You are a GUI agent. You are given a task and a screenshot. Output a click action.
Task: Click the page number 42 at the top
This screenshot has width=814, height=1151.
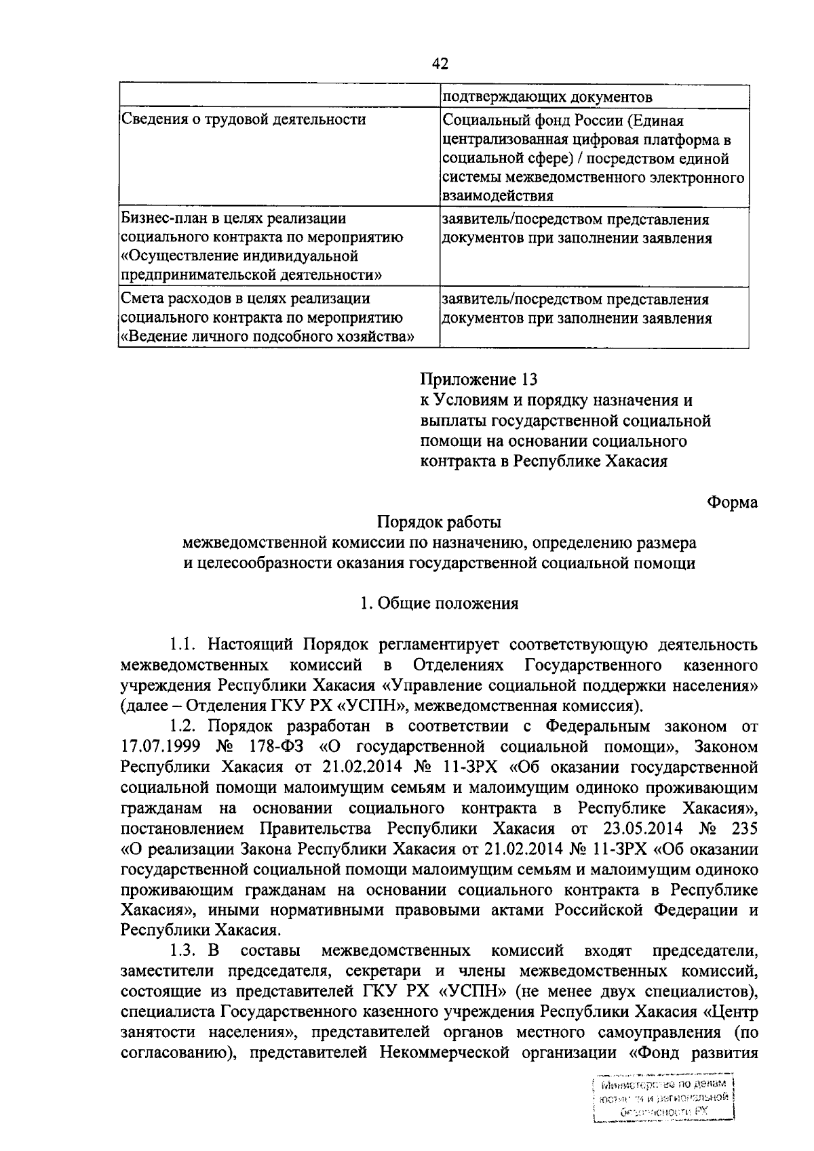pyautogui.click(x=440, y=64)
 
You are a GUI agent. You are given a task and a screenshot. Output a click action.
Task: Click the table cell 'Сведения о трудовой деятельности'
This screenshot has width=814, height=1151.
pyautogui.click(x=244, y=120)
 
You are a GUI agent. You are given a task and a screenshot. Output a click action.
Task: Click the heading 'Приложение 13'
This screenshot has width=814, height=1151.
pyautogui.click(x=479, y=380)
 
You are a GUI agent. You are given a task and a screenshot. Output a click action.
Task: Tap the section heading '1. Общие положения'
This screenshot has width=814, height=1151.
pyautogui.click(x=440, y=603)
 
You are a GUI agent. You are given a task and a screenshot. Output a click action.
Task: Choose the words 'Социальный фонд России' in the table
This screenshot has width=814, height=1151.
pyautogui.click(x=531, y=121)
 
